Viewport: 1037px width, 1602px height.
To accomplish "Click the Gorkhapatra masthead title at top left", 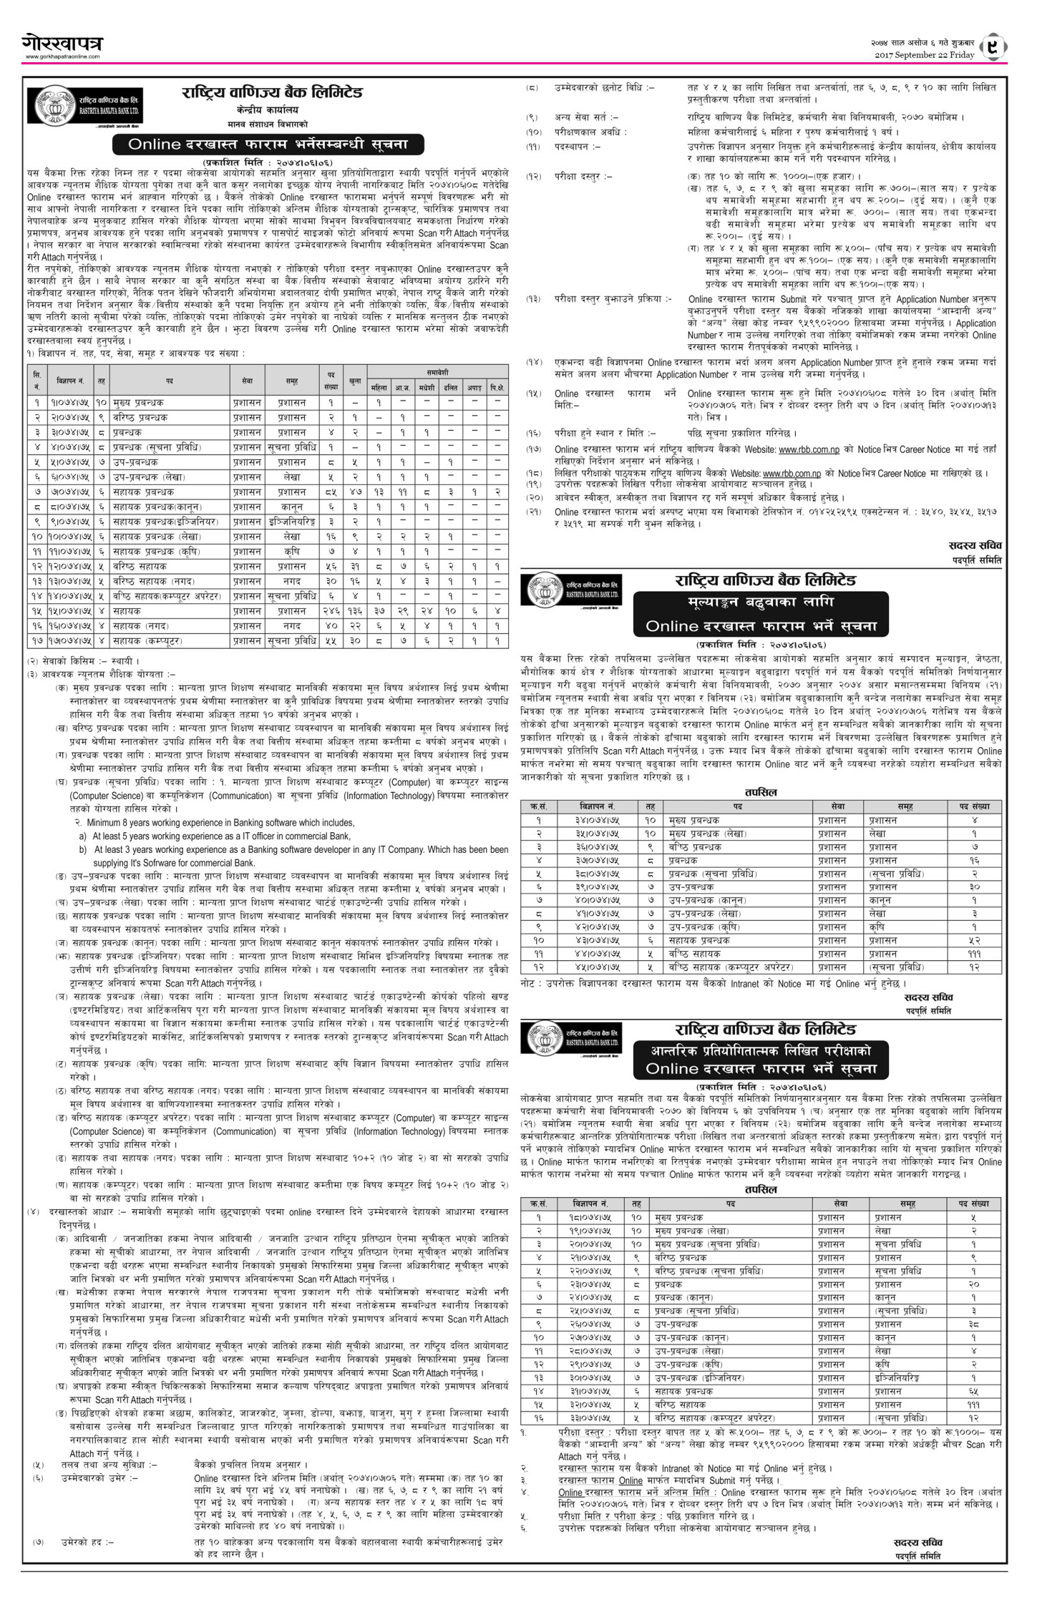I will click(x=60, y=44).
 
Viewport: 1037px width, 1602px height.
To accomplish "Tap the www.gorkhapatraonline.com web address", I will click(x=62, y=57).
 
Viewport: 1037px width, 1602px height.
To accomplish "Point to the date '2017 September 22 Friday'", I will click(x=924, y=55).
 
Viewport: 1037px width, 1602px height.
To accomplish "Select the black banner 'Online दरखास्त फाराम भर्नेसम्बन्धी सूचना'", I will click(x=268, y=144).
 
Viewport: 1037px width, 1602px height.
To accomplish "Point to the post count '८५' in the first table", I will click(x=331, y=492).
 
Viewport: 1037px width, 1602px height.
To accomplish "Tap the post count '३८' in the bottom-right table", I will click(x=973, y=1324).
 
